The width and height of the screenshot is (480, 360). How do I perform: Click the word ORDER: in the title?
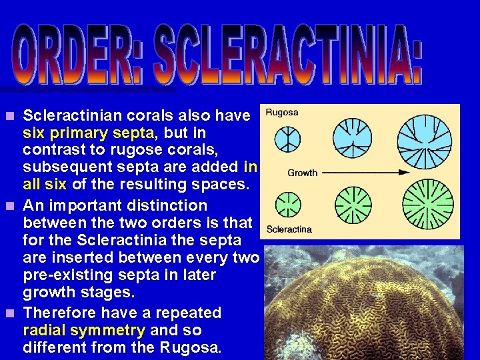81,54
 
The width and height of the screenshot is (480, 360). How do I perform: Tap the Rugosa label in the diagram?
282,113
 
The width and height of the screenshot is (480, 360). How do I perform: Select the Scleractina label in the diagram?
289,229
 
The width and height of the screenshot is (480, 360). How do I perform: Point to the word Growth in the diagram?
302,173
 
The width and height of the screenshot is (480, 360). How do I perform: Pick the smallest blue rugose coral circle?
287,139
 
